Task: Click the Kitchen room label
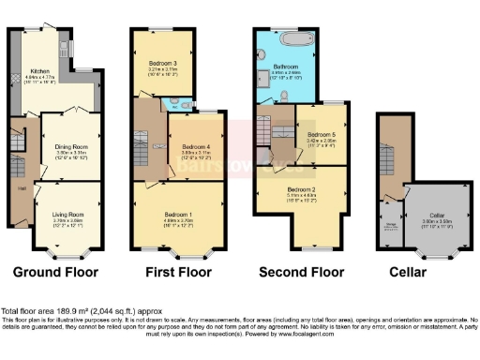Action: (x=40, y=70)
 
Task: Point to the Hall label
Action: (x=22, y=187)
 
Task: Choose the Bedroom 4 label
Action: (x=195, y=147)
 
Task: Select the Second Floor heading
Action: (x=302, y=273)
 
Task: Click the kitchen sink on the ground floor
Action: (x=66, y=46)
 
